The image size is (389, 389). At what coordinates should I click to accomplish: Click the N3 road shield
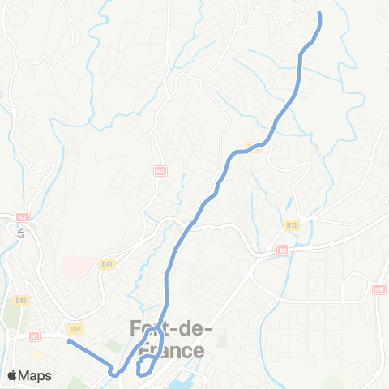22,217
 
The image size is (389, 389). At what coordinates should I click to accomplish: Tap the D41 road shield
107,263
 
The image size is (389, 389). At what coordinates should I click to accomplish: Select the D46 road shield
21,301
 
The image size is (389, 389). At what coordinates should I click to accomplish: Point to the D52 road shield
76,329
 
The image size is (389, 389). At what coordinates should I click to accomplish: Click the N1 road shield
34,336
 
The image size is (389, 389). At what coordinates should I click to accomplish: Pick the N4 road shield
160,171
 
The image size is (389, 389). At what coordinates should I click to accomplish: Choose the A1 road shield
282,251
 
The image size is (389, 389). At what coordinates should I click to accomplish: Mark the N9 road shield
379,288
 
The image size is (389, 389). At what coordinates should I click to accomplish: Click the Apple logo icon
14,375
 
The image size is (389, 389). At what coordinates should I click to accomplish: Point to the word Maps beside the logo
36,375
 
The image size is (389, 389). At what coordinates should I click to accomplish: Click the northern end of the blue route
319,14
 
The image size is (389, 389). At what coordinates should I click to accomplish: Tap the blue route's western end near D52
69,342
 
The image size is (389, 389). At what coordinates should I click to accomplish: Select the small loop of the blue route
147,366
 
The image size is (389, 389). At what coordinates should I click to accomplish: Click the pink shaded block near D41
79,268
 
